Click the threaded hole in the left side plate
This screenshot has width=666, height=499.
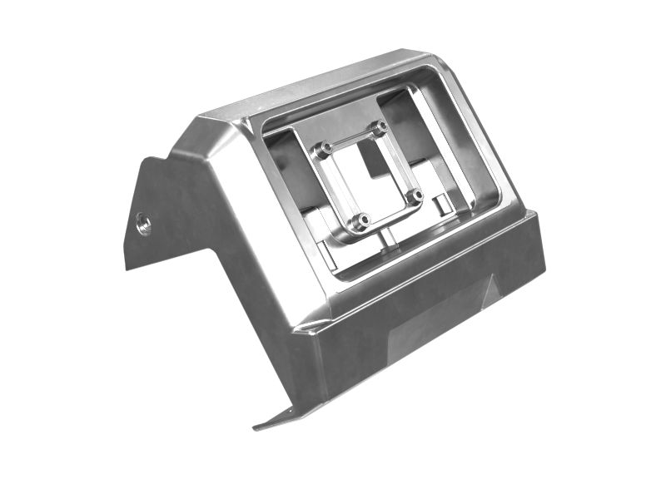144,222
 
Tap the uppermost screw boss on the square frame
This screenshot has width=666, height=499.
379,128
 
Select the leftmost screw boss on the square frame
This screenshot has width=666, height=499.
323,150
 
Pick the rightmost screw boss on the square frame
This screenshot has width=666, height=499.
415,195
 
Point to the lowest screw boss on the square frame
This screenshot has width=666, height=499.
360,221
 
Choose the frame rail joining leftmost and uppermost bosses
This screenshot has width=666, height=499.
350,138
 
